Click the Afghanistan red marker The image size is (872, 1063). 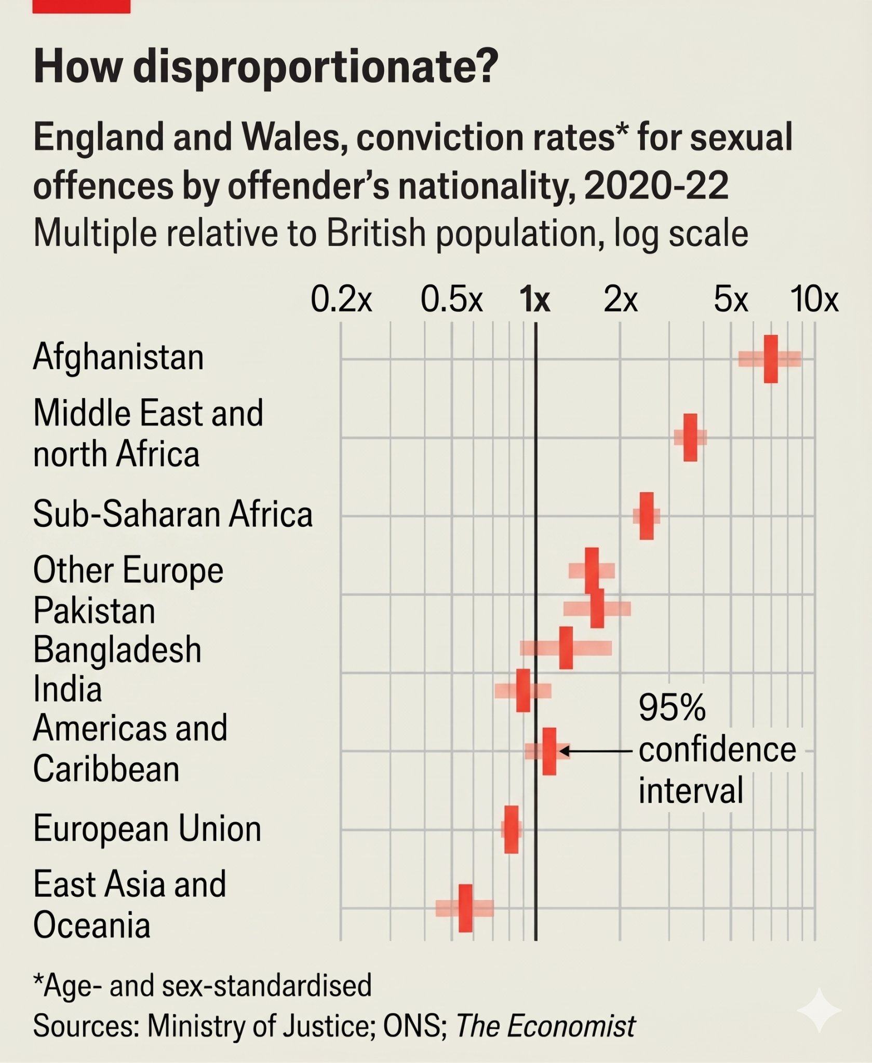pyautogui.click(x=771, y=359)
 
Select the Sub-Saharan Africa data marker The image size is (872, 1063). pyautogui.click(x=647, y=516)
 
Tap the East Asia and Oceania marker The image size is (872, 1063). pyautogui.click(x=466, y=908)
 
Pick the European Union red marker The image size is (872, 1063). pyautogui.click(x=511, y=829)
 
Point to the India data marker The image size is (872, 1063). pyautogui.click(x=524, y=690)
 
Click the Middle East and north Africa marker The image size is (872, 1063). pyautogui.click(x=690, y=438)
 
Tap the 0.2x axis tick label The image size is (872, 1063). pyautogui.click(x=341, y=299)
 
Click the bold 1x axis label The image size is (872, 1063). pyautogui.click(x=535, y=299)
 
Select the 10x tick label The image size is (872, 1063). pyautogui.click(x=814, y=299)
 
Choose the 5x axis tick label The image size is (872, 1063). pyautogui.click(x=731, y=299)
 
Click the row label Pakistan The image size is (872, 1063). pyautogui.click(x=94, y=610)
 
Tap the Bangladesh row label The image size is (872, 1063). pyautogui.click(x=117, y=650)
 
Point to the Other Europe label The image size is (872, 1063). pyautogui.click(x=128, y=570)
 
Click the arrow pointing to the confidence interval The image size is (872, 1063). pyautogui.click(x=595, y=751)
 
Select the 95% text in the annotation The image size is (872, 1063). pyautogui.click(x=672, y=707)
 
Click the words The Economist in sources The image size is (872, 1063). pyautogui.click(x=546, y=1026)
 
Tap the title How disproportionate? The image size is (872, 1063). pyautogui.click(x=266, y=66)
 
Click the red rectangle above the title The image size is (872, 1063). pyautogui.click(x=82, y=6)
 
